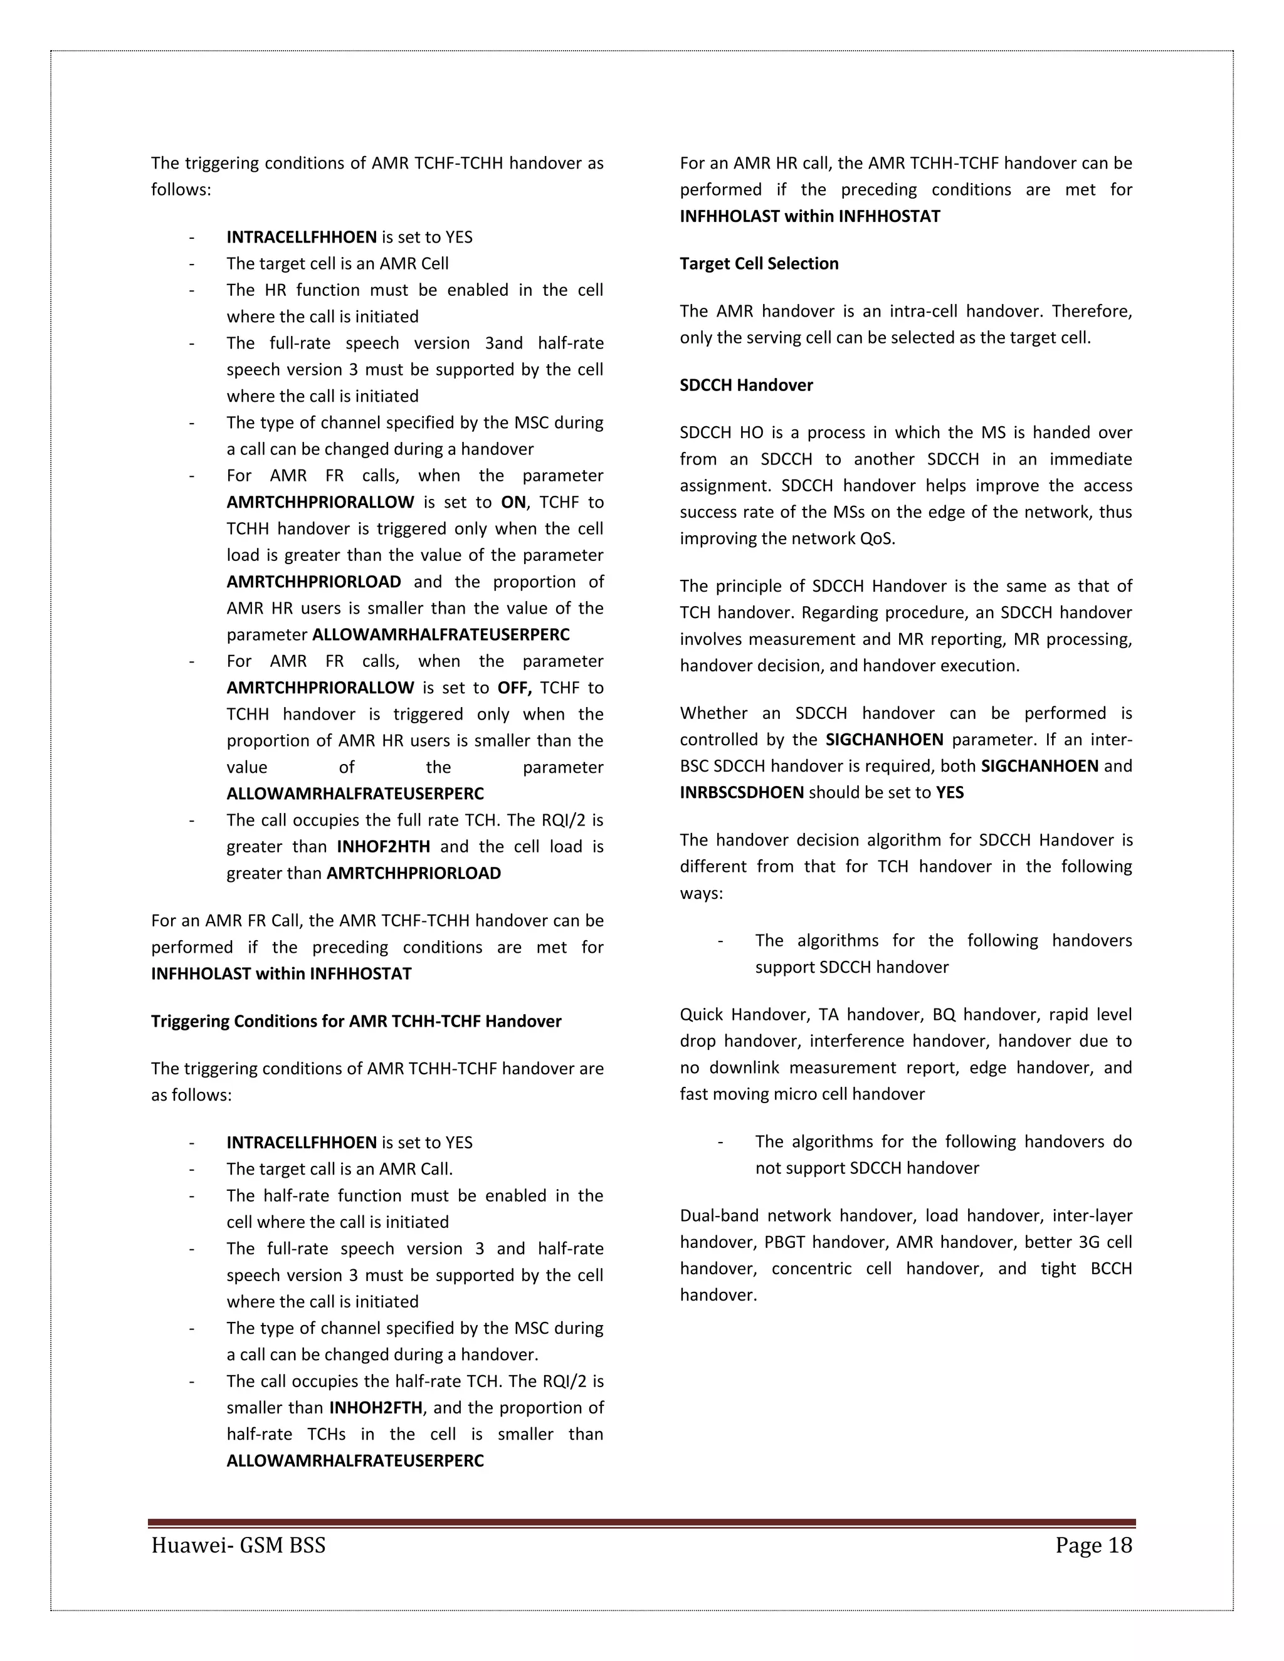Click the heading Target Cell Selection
[x=759, y=264]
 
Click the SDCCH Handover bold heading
[x=745, y=385]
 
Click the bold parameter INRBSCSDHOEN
[x=741, y=792]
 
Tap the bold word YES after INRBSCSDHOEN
[x=949, y=792]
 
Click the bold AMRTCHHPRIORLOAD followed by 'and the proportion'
[x=313, y=582]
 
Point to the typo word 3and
[x=503, y=343]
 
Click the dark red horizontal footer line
[x=641, y=1523]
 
